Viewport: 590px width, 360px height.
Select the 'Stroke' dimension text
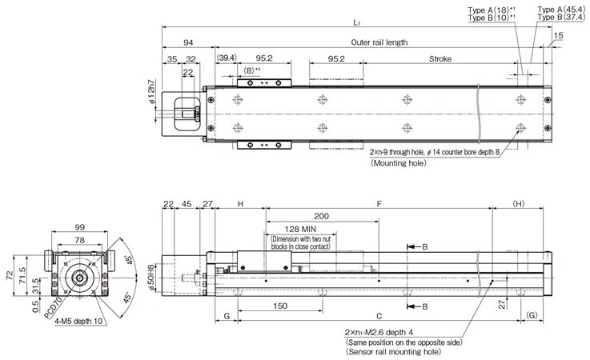(440, 58)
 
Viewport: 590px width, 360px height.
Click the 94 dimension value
(188, 42)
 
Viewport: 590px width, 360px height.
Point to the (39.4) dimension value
(227, 58)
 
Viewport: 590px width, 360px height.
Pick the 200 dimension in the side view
(322, 217)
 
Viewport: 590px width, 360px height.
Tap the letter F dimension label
(378, 204)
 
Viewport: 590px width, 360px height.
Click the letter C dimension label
(378, 316)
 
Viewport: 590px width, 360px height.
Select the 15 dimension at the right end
(558, 35)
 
